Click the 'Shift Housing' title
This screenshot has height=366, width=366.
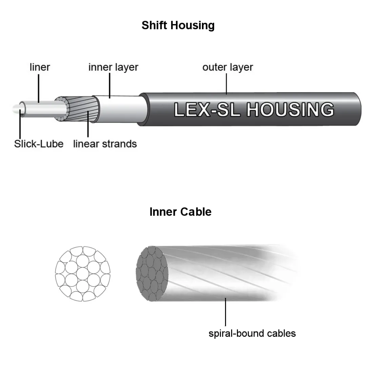[178, 25]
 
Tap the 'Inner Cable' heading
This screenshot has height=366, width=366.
[180, 212]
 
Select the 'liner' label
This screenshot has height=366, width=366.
[40, 67]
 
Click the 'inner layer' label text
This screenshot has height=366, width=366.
[113, 67]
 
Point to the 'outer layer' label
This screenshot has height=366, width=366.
[227, 67]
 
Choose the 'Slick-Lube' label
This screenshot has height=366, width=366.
[39, 144]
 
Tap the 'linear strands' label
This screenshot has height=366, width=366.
[105, 144]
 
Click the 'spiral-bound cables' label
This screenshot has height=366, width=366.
[252, 333]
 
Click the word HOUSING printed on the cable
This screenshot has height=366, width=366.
[290, 109]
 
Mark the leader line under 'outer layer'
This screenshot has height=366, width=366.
[226, 83]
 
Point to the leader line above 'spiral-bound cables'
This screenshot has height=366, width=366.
[225, 312]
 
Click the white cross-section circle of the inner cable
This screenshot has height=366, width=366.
[83, 273]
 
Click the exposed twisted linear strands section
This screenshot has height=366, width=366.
[81, 108]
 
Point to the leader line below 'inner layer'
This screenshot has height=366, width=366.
[110, 86]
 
